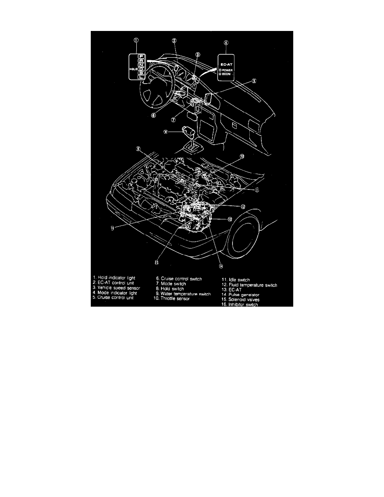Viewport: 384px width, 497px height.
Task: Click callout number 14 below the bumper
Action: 220,265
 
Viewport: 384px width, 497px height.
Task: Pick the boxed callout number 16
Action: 113,228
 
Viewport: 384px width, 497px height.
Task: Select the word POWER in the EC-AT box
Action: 229,70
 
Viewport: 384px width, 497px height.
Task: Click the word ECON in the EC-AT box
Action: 228,74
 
